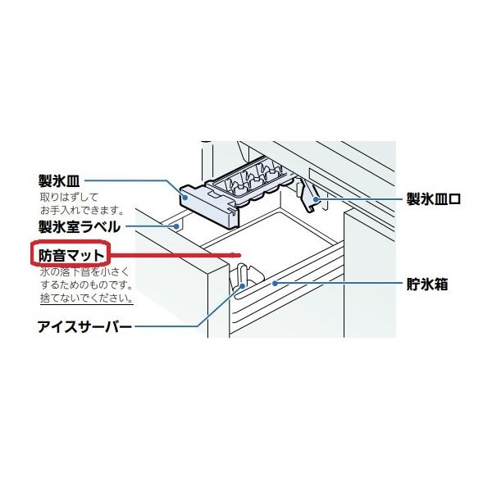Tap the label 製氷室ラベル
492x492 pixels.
80,225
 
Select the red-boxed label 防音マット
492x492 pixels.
70,253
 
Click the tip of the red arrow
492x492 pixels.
239,253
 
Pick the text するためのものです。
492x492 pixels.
87,284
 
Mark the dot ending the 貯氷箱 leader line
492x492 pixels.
277,283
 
